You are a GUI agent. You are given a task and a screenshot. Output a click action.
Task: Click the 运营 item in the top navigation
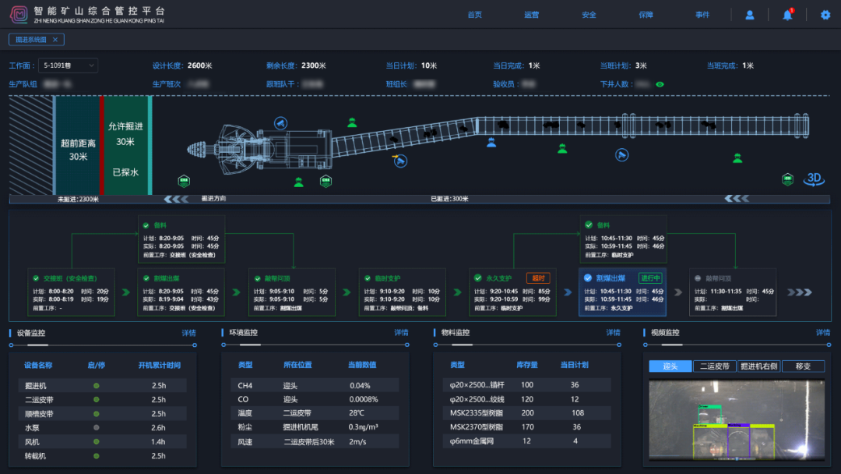click(532, 15)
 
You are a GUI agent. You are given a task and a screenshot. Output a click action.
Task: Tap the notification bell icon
click(787, 15)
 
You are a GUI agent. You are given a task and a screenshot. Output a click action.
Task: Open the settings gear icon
click(825, 15)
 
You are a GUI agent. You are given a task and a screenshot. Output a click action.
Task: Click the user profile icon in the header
click(750, 15)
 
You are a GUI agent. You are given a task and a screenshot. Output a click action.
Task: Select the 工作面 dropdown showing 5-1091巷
click(69, 65)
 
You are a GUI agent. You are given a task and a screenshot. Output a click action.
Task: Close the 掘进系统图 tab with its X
click(55, 39)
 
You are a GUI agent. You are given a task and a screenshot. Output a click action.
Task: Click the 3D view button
click(815, 179)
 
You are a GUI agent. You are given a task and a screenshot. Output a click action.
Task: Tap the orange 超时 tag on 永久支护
click(538, 278)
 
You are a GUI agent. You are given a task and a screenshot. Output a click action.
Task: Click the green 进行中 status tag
click(649, 278)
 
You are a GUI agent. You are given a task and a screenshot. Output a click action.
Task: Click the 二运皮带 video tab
click(714, 366)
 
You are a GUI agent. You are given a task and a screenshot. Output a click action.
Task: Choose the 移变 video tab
click(802, 366)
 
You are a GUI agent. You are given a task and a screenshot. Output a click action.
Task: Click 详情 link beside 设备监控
click(188, 333)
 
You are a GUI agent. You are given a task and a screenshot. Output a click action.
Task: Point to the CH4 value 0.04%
click(361, 385)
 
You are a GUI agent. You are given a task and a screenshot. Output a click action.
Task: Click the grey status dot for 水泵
click(97, 427)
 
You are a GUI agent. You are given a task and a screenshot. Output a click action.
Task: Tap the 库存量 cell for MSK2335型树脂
click(527, 413)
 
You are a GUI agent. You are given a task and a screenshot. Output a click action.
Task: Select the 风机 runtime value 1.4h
click(158, 441)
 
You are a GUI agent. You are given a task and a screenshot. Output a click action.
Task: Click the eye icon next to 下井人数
click(660, 83)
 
